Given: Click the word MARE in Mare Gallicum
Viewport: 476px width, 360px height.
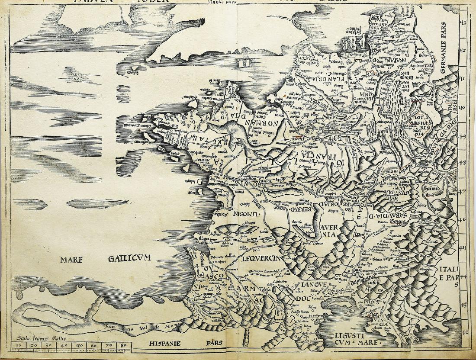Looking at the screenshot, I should click(72, 260).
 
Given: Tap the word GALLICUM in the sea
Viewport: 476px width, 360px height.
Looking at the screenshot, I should click(128, 259).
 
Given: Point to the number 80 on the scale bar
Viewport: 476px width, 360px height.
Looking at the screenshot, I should click(124, 346).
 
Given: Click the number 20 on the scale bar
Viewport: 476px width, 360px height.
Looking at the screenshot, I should click(34, 346).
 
